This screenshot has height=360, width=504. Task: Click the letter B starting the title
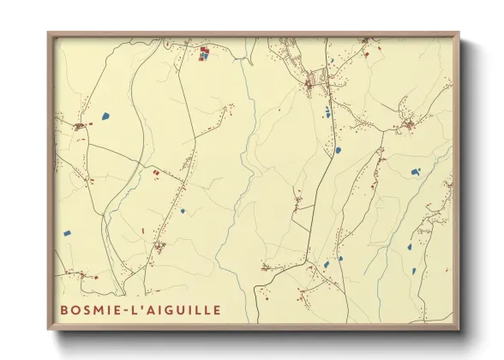pyautogui.click(x=65, y=309)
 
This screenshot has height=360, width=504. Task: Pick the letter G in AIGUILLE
pyautogui.click(x=171, y=309)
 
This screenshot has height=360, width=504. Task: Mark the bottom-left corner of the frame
pyautogui.click(x=49, y=329)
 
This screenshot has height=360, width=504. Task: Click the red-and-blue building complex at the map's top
pyautogui.click(x=205, y=55)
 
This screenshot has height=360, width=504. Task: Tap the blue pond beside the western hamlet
pyautogui.click(x=105, y=115)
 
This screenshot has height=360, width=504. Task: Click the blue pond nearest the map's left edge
pyautogui.click(x=66, y=231)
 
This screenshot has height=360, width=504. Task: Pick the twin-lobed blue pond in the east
pyautogui.click(x=415, y=171)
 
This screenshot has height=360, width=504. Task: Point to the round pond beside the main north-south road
pyautogui.click(x=338, y=150)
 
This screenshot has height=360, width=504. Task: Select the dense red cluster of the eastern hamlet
pyautogui.click(x=410, y=126)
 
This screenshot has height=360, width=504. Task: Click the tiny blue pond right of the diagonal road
pyautogui.click(x=182, y=211)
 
